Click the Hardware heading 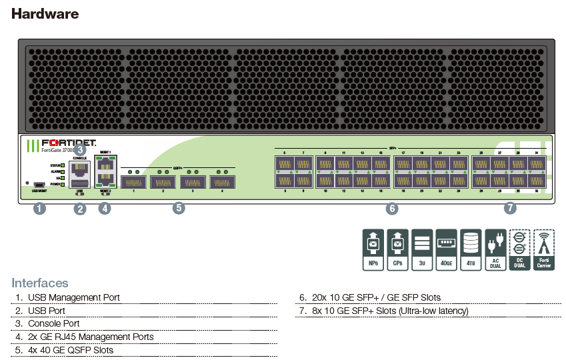(x=45, y=13)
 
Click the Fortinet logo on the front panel (x=69, y=143)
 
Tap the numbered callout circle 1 (x=40, y=209)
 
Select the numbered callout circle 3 (x=80, y=149)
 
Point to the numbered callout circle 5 (x=178, y=209)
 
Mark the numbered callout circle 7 (x=510, y=209)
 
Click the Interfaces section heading (x=39, y=283)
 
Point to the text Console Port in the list (x=53, y=323)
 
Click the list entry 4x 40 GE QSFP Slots (x=70, y=350)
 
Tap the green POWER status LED (x=62, y=184)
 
